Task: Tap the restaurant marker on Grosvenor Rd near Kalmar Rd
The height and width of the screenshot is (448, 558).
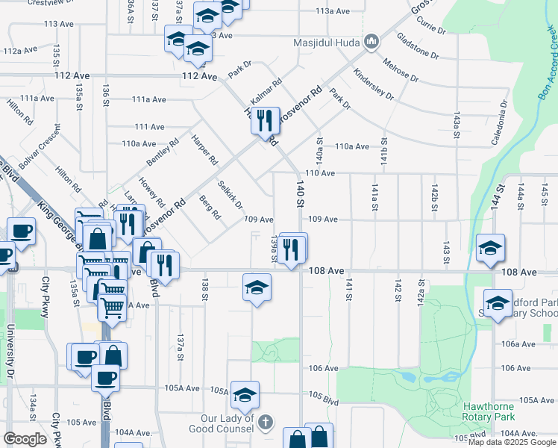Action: [x=263, y=119]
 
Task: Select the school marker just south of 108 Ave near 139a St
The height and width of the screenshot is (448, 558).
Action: [x=256, y=288]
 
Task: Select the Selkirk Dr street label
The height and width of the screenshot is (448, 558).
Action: [x=230, y=195]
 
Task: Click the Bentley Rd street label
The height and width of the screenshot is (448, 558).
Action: [x=163, y=152]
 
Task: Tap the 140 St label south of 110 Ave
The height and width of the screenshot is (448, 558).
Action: [x=301, y=193]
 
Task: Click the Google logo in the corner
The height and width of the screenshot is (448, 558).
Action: [x=25, y=439]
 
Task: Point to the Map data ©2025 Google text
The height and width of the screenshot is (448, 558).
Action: [x=511, y=442]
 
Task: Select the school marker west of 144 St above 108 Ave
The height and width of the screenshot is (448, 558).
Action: [x=490, y=249]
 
